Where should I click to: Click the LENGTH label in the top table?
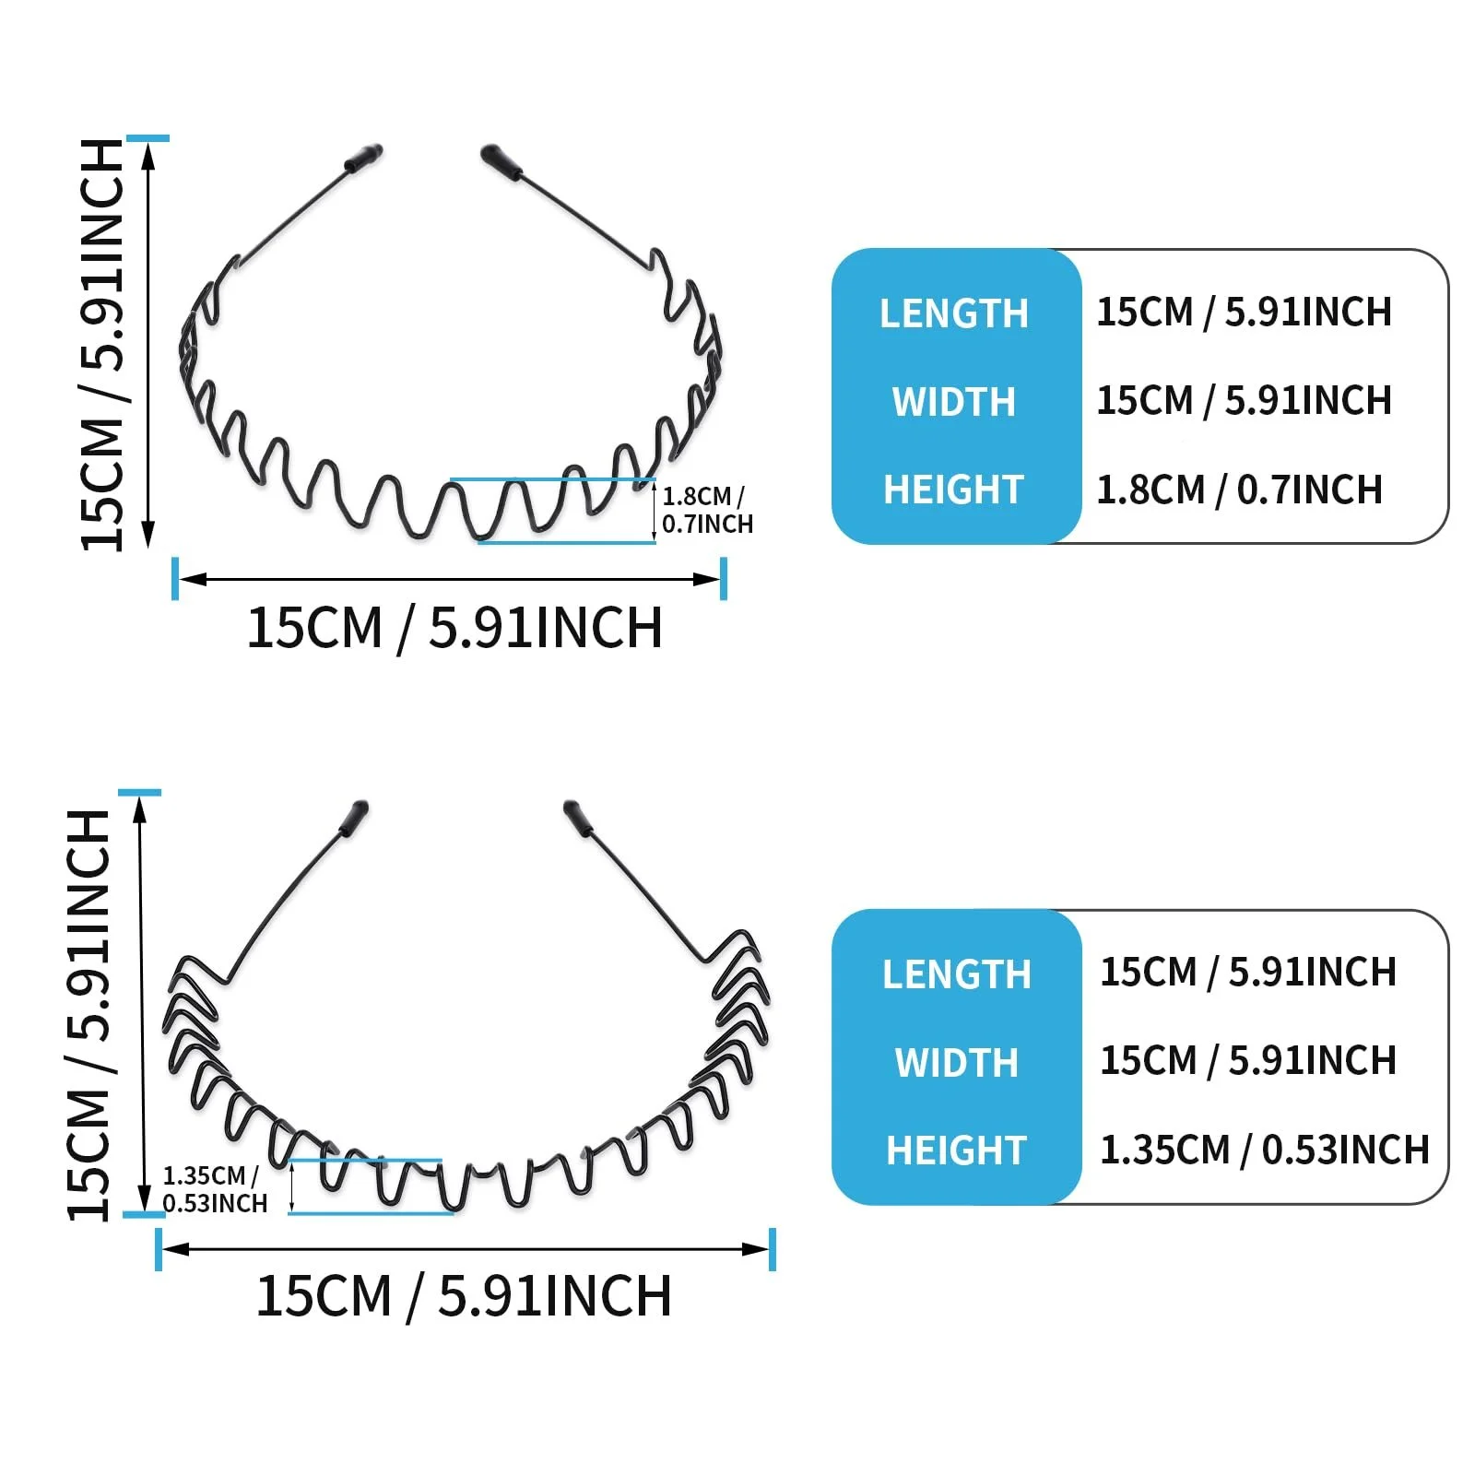click(953, 313)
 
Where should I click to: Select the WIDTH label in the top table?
click(953, 402)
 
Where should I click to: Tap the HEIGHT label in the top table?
click(953, 490)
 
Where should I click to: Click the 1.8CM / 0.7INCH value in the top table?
click(1239, 490)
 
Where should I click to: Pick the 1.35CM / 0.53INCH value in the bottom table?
click(1264, 1150)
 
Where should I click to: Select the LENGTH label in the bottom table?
click(956, 974)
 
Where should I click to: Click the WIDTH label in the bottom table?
click(956, 1063)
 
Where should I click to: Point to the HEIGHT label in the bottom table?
click(956, 1150)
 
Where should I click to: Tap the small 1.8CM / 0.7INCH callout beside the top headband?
click(706, 510)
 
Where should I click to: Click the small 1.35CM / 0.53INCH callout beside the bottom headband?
click(214, 1189)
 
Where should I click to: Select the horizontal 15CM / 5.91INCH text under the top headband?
click(454, 629)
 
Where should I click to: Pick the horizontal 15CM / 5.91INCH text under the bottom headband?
click(464, 1296)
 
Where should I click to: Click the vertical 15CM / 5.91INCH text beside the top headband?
click(103, 345)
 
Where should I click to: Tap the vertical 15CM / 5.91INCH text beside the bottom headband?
click(90, 1014)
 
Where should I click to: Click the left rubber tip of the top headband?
click(363, 158)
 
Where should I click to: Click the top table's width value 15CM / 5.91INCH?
click(1244, 401)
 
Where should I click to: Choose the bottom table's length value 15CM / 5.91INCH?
click(1247, 973)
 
